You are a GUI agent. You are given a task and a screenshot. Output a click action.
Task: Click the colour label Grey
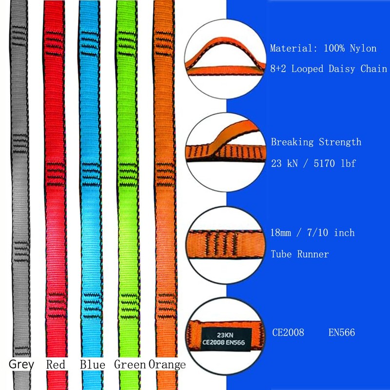[x=21, y=364]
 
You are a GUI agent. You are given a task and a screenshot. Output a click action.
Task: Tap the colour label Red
[x=56, y=364]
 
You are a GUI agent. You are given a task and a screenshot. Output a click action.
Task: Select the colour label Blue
[x=93, y=364]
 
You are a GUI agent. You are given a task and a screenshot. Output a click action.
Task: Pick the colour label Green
[x=130, y=364]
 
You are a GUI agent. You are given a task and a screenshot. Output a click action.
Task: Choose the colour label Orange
[x=167, y=364]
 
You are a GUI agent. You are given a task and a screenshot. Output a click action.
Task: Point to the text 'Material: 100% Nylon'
[x=323, y=49]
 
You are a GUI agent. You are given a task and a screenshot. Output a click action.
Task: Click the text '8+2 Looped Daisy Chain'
[x=329, y=69]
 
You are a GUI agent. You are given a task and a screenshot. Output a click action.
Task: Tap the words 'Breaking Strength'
[x=316, y=142]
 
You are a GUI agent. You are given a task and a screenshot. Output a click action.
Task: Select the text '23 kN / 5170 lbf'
[x=313, y=163]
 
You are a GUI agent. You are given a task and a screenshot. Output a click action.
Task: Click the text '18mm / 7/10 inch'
[x=312, y=233]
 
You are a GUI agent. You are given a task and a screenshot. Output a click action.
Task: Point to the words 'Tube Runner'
[x=300, y=254]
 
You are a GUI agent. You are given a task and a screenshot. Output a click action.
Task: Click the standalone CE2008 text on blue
[x=288, y=333]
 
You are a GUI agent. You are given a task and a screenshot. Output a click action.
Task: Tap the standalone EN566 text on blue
[x=342, y=333]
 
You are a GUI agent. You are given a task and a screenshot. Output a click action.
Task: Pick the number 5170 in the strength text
[x=320, y=163]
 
